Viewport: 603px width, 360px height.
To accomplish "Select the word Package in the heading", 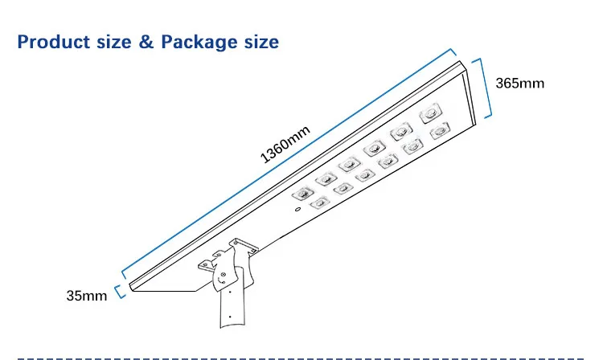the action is (197, 42).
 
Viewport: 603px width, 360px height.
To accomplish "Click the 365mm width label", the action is (521, 83).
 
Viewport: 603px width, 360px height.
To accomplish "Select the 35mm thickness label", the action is (87, 296).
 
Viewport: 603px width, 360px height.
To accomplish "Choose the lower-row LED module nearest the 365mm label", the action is (439, 130).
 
